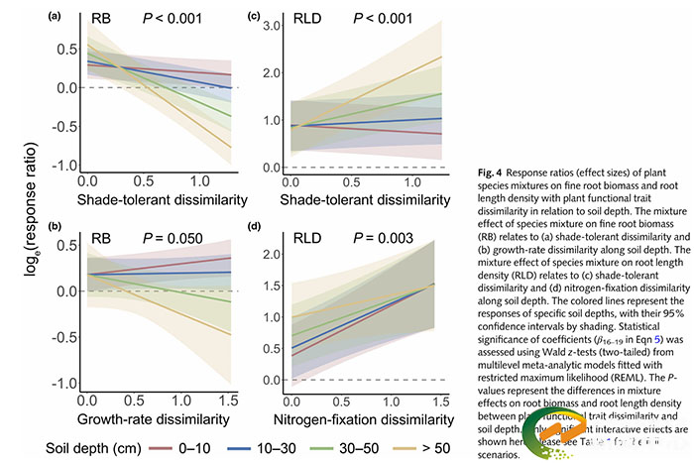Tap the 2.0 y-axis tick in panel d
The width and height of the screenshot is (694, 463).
[268, 255]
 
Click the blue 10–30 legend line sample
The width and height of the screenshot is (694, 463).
[275, 446]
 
